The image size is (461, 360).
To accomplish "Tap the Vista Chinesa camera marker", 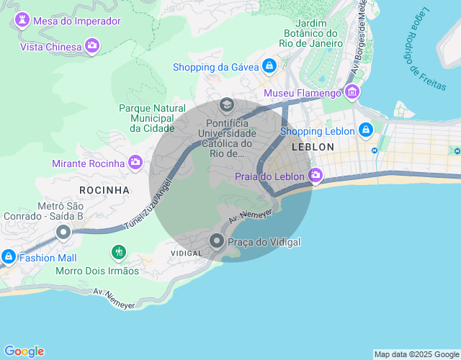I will coord(91,47).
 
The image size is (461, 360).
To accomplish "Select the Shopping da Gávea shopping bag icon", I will coord(269,66).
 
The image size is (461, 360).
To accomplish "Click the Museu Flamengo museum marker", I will coord(352,92).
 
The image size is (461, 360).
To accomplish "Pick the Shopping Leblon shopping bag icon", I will coord(365,130).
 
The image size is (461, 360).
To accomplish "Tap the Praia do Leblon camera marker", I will coord(315,176).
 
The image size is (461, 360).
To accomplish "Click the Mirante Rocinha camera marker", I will coord(135,163).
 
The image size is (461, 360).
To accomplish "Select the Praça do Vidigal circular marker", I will coord(216,242).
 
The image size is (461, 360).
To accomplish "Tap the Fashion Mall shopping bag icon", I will coord(9,256).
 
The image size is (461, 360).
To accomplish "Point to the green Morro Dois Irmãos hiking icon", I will coord(118,253).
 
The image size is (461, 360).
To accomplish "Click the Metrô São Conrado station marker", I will coord(63,232).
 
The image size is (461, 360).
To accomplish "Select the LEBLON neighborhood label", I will coord(313,147).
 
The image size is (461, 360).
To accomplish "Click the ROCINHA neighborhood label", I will coord(104,190).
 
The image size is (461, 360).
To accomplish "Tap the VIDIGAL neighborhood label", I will coord(186,254).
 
